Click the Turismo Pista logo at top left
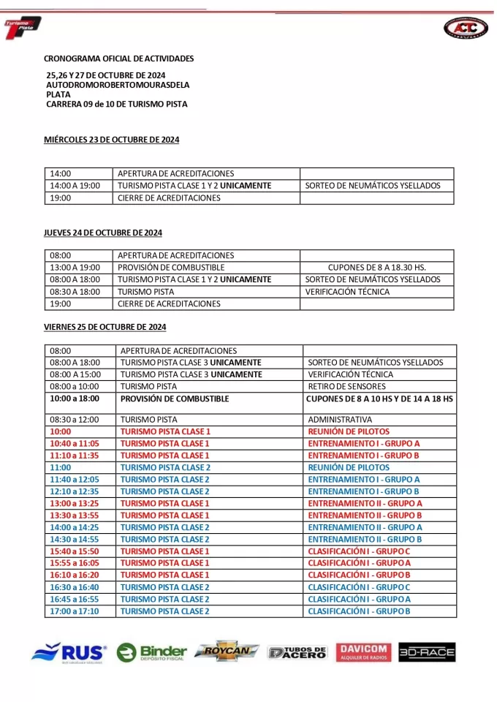coord(23,28)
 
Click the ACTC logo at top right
coord(466,27)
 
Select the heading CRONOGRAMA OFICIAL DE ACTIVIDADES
coord(119,58)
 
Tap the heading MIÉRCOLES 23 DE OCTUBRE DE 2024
coord(112,140)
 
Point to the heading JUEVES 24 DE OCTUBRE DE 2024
coord(103,233)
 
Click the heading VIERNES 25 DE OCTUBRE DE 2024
coord(105,327)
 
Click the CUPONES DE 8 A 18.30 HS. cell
coord(376,268)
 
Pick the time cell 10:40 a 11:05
coord(75,444)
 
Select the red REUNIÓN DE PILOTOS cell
coord(349,432)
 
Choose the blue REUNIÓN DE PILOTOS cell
coord(349,467)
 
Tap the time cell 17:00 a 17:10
coord(75,611)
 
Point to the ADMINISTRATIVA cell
coord(340,420)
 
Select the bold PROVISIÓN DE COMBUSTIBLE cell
coord(175,399)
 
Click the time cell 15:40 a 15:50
coord(75,551)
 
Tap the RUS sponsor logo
coord(69,652)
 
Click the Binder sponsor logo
coord(152,652)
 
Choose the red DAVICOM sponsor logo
coord(363,652)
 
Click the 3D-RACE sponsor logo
coord(427,652)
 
